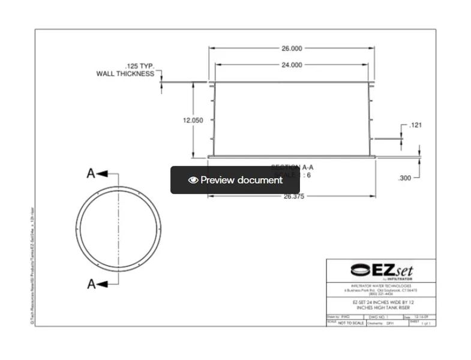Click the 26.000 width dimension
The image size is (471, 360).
pos(292,48)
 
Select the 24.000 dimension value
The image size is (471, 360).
pos(292,65)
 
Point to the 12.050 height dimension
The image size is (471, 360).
pos(193,120)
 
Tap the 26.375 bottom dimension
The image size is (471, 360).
pos(293,196)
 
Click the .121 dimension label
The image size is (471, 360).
pos(415,125)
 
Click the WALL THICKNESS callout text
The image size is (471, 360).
pos(125,74)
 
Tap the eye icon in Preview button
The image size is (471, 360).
pos(193,180)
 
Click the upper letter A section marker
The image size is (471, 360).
pos(91,173)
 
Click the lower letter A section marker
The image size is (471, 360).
pos(91,284)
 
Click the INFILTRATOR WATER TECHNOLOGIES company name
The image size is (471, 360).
pos(381,286)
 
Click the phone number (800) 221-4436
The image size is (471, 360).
pos(381,294)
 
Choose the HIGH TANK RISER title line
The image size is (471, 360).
pos(381,308)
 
